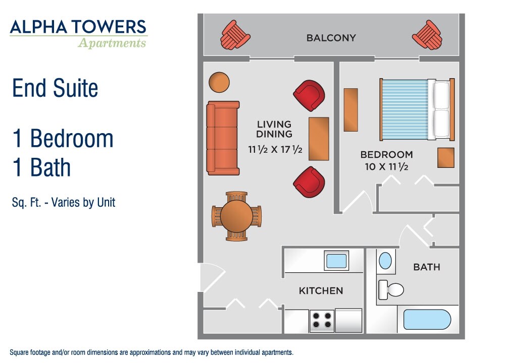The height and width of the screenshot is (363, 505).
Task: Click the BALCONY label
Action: pyautogui.click(x=331, y=38)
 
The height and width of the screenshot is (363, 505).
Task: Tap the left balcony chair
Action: pyautogui.click(x=235, y=35)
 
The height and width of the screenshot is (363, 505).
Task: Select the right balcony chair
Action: pyautogui.click(x=427, y=35)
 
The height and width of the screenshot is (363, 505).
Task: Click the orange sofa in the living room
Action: pyautogui.click(x=223, y=138)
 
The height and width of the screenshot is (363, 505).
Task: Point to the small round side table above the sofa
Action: pyautogui.click(x=219, y=82)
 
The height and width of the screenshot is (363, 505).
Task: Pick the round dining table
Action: pyautogui.click(x=237, y=216)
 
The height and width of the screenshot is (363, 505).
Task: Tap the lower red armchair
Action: pyautogui.click(x=309, y=182)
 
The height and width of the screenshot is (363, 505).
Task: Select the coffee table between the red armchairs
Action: pyautogui.click(x=319, y=139)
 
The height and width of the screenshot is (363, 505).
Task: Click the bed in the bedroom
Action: pyautogui.click(x=417, y=109)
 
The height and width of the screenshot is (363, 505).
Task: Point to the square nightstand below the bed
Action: pyautogui.click(x=446, y=157)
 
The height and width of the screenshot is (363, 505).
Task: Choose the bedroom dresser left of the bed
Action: pyautogui.click(x=351, y=110)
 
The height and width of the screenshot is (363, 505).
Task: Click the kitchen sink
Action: pyautogui.click(x=336, y=261)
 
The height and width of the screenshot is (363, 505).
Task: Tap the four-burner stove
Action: pyautogui.click(x=322, y=320)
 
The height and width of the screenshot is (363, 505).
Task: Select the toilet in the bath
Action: pyautogui.click(x=391, y=290)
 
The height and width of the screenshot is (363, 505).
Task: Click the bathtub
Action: pyautogui.click(x=427, y=319)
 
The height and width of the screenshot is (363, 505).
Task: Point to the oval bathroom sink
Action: pyautogui.click(x=385, y=261)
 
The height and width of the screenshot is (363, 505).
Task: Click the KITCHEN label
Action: pyautogui.click(x=321, y=291)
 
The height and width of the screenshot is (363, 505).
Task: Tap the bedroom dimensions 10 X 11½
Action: pyautogui.click(x=386, y=166)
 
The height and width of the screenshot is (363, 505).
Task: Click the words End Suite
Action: pyautogui.click(x=55, y=88)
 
